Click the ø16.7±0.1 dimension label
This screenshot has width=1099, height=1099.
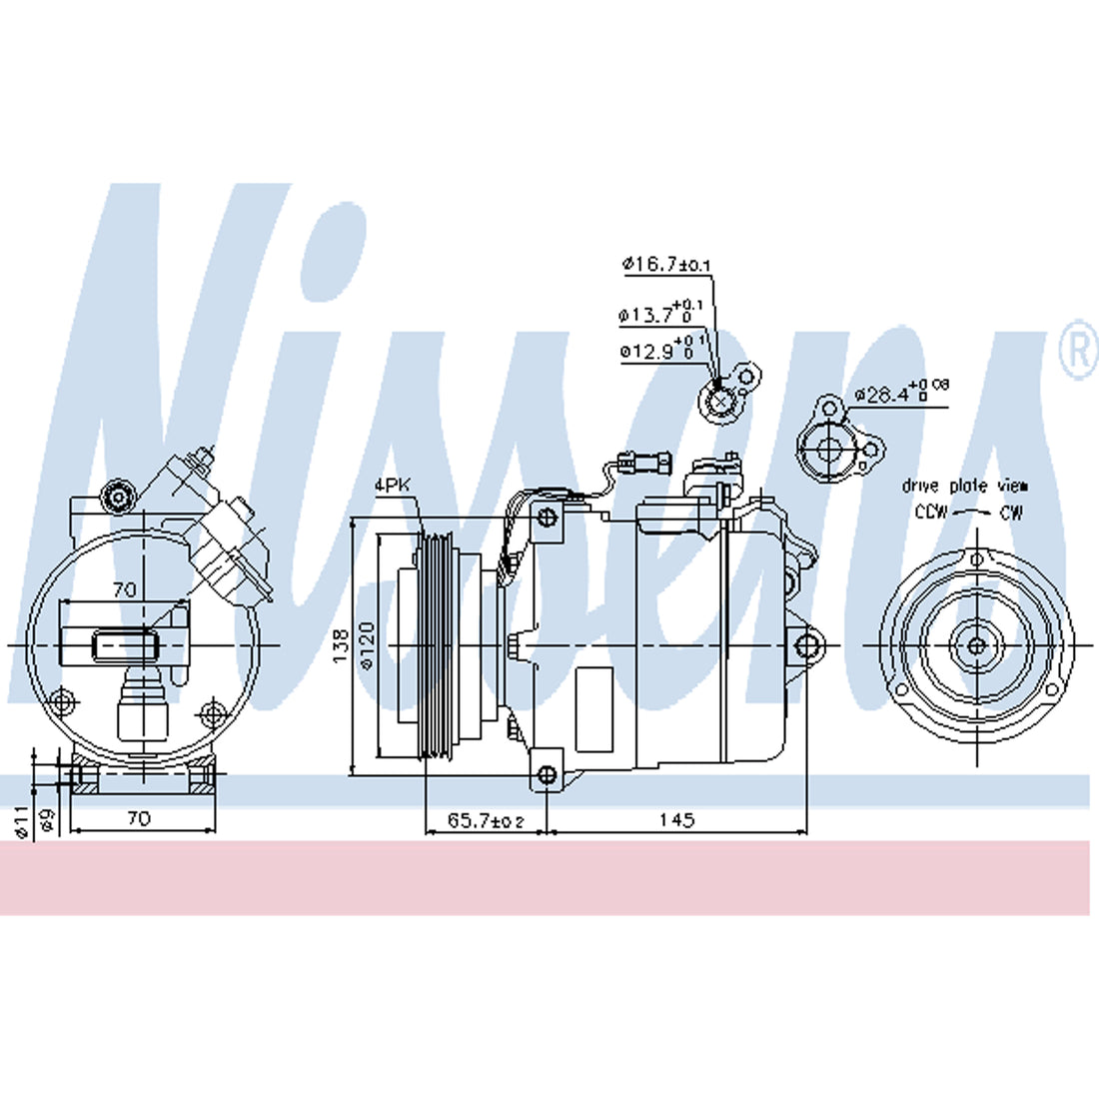point(665,265)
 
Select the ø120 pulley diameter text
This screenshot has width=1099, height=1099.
point(367,645)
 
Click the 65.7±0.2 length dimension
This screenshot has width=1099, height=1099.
point(486,820)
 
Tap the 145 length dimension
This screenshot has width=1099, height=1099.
point(676,820)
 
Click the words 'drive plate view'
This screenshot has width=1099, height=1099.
point(964,487)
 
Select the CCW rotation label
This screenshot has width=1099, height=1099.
point(931,513)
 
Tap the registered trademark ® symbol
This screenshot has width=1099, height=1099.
point(1077,351)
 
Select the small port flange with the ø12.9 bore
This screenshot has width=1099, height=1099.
point(724,398)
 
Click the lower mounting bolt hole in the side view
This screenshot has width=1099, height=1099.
point(546,775)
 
